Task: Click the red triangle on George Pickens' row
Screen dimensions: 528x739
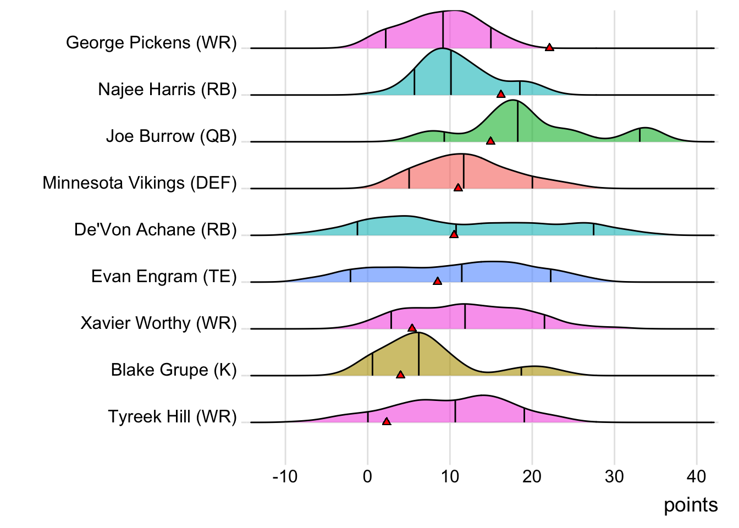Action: point(549,48)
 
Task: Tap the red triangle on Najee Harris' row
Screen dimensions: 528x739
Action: point(501,95)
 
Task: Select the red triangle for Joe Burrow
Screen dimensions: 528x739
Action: point(490,141)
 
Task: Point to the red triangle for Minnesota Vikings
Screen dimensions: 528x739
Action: point(458,188)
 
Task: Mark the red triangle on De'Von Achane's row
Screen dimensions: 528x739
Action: point(454,235)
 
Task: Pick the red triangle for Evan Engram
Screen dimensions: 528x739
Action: point(437,282)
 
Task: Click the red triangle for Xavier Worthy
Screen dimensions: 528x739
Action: point(412,328)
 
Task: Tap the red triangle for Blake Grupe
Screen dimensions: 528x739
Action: point(400,375)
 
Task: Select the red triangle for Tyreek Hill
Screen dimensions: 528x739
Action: point(387,422)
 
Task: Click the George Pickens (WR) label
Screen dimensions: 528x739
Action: point(151,43)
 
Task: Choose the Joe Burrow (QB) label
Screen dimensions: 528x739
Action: point(171,136)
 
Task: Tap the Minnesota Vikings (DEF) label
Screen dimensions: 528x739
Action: point(140,183)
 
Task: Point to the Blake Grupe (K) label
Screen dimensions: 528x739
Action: point(174,370)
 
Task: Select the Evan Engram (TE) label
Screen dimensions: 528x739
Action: point(164,277)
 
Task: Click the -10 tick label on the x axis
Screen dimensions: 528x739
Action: point(285,476)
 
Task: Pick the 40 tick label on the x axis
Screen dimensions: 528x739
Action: point(697,476)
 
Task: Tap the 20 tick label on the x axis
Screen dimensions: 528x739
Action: point(532,476)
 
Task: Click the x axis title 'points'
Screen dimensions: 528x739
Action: point(691,505)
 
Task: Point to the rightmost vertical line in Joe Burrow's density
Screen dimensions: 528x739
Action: point(639,135)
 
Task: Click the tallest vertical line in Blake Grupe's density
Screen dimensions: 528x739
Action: point(418,354)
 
